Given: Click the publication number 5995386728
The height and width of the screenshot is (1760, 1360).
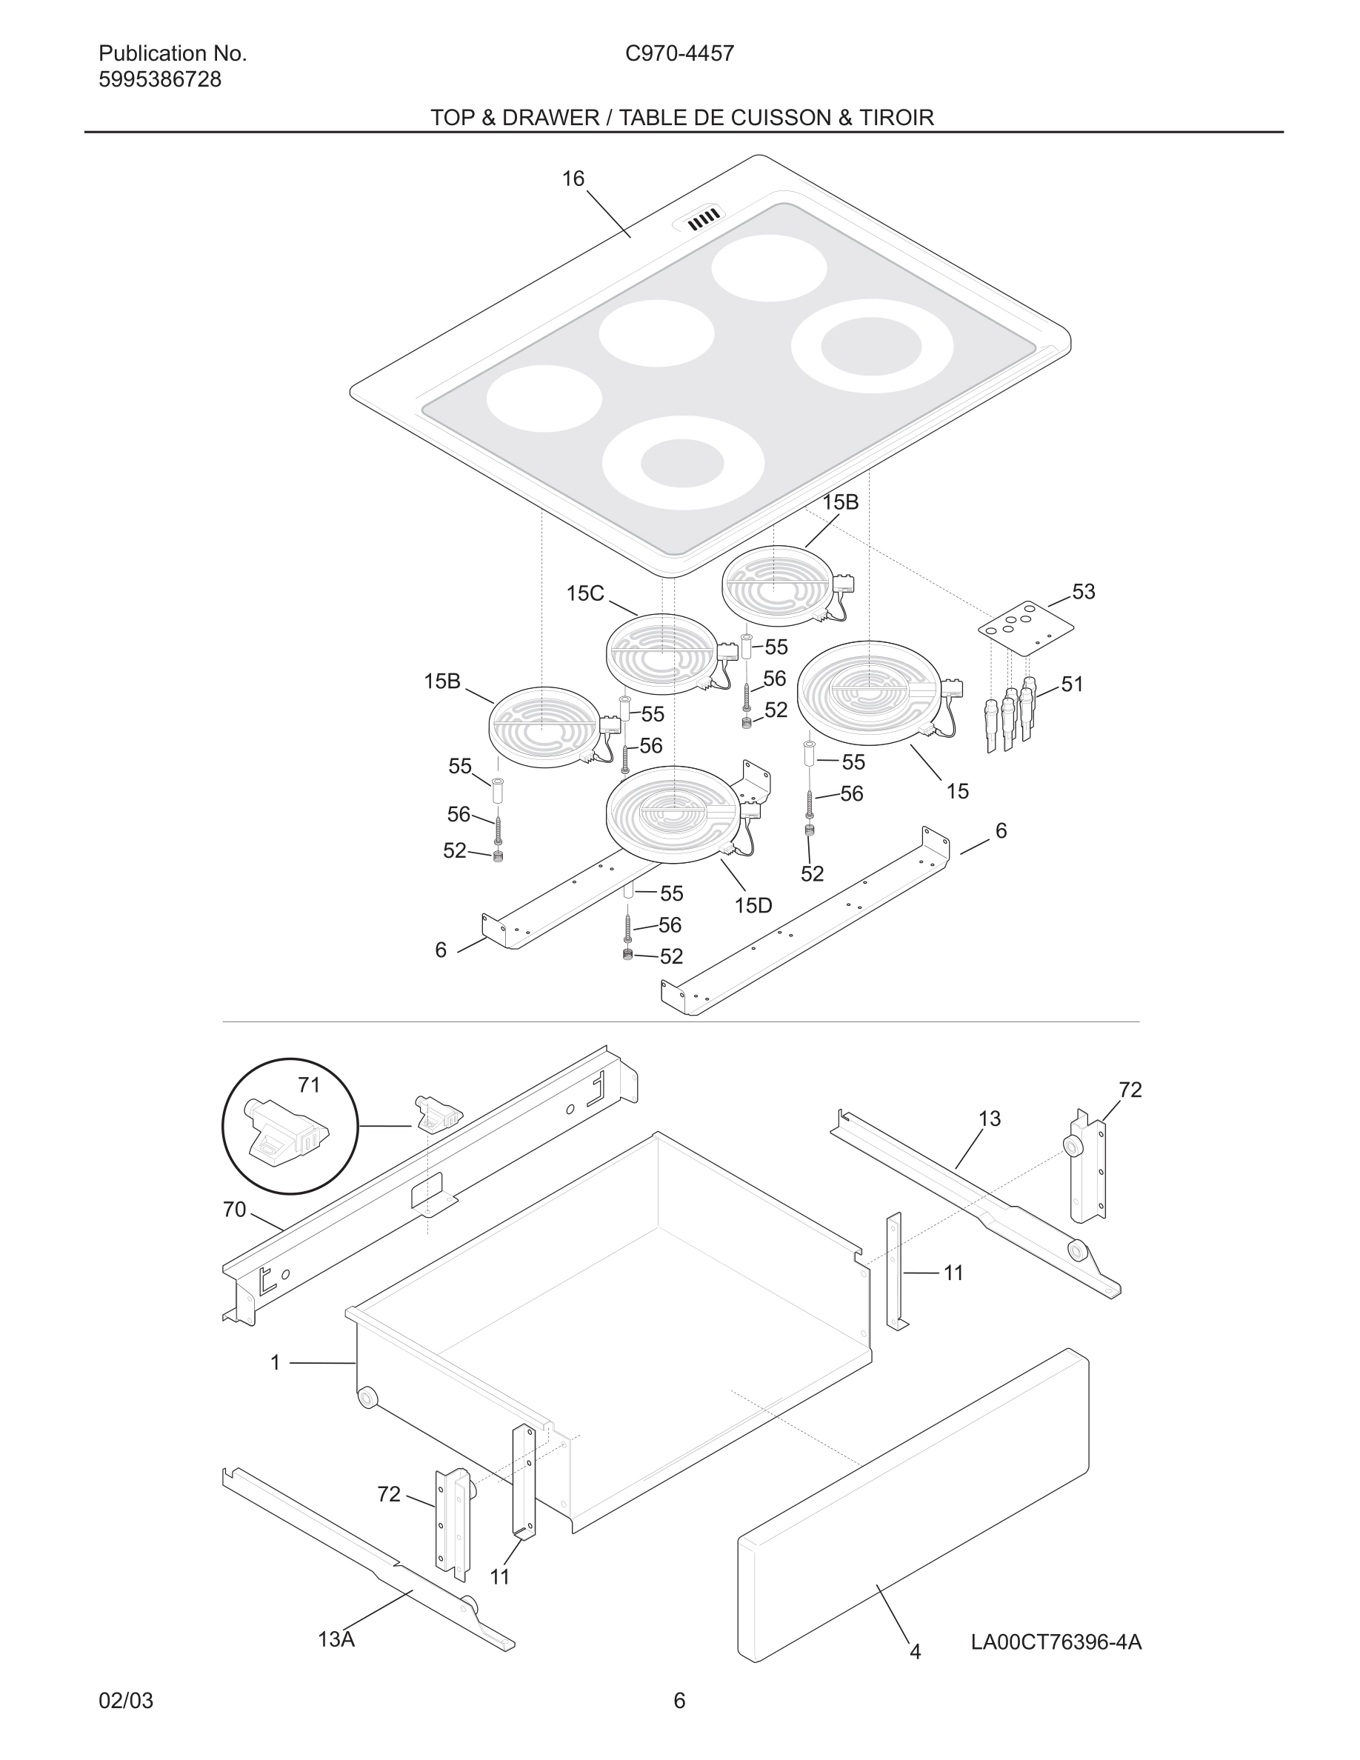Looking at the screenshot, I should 159,80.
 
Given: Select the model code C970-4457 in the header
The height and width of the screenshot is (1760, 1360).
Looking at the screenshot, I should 679,53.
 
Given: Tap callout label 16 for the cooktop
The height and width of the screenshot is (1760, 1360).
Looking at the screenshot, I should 573,179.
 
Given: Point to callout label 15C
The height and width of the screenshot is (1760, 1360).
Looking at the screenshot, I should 584,594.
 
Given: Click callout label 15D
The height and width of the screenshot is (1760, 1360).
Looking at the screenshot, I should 753,905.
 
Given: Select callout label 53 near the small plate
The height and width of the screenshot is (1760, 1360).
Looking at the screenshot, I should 1083,592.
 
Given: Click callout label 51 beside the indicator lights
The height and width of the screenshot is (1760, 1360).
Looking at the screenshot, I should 1073,684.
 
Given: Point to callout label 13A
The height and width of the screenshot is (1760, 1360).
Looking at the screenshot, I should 336,1639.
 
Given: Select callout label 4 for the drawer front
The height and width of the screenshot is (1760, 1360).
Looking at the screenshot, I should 916,1651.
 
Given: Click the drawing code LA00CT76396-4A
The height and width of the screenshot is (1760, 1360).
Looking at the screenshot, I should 1056,1641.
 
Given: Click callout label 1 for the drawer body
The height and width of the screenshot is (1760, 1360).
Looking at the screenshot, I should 276,1363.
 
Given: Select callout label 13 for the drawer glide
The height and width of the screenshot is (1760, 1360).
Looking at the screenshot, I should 990,1119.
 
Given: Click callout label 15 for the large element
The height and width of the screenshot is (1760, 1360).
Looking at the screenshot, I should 957,791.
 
